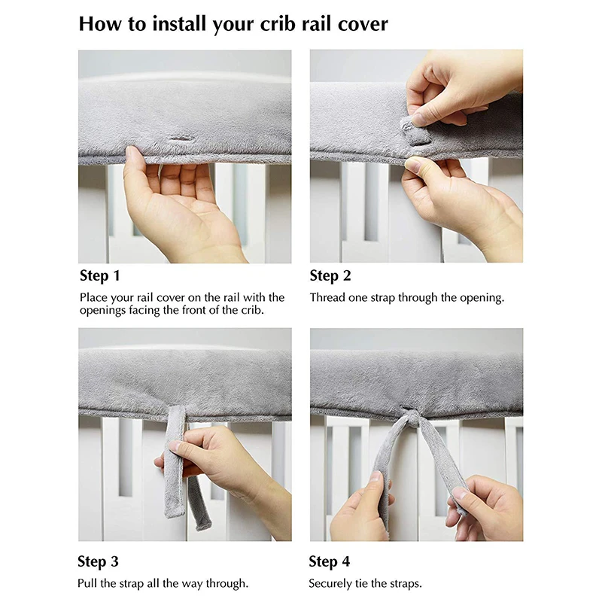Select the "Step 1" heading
pyautogui.click(x=100, y=275)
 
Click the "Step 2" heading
pyautogui.click(x=330, y=275)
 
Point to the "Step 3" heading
pyautogui.click(x=99, y=561)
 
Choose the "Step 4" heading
pyautogui.click(x=330, y=561)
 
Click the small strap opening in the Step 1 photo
pyautogui.click(x=181, y=138)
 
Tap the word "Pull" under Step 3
pyautogui.click(x=87, y=584)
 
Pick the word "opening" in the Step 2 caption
pyautogui.click(x=482, y=298)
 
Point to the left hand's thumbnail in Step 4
pyautogui.click(x=375, y=477)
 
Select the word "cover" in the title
pyautogui.click(x=363, y=24)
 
